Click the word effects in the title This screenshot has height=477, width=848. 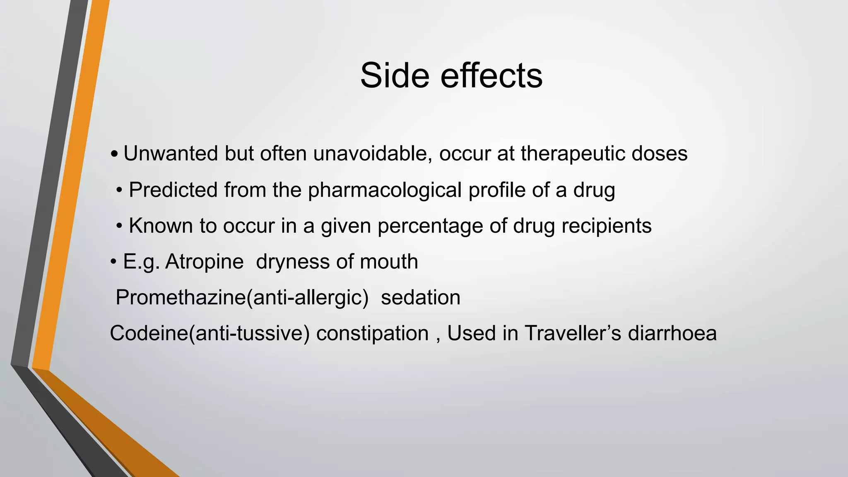[491, 75]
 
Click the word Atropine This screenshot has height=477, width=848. [204, 262]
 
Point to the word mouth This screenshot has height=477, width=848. [389, 262]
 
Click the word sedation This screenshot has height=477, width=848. [420, 298]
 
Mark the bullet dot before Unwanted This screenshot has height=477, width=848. [115, 155]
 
